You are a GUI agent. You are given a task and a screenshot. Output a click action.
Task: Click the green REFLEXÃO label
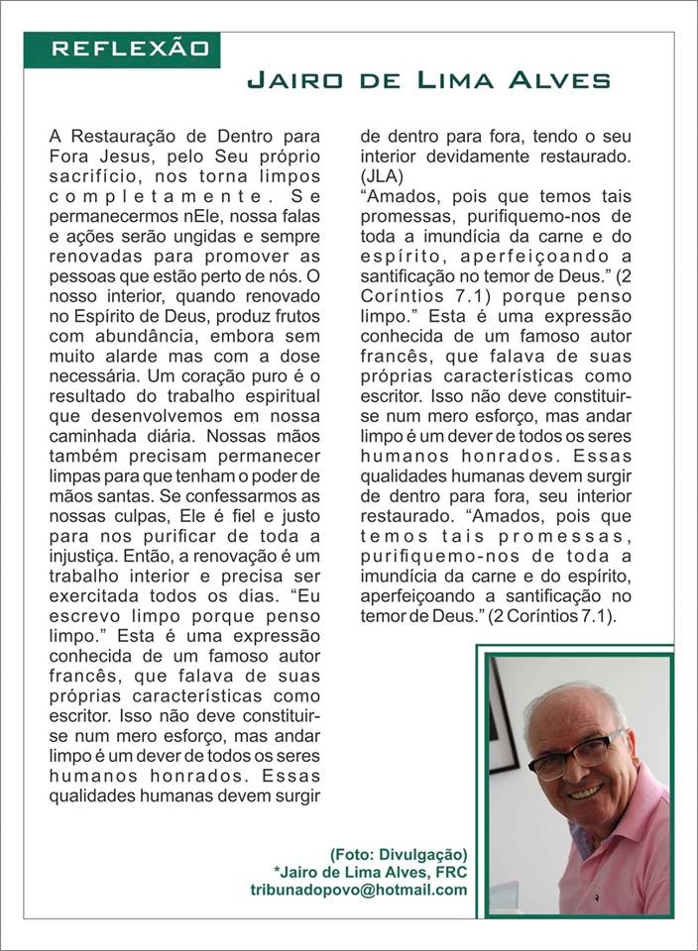click(130, 49)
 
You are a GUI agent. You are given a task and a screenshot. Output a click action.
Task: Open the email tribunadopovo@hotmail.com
click(358, 890)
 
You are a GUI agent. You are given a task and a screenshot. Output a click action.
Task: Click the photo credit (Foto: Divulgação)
click(399, 854)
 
